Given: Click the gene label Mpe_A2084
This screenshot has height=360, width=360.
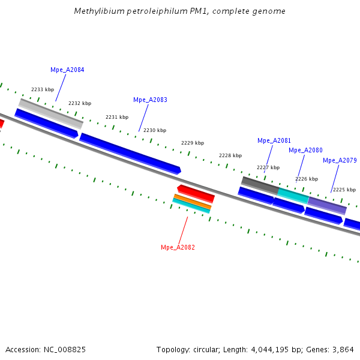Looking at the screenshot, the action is (67, 70).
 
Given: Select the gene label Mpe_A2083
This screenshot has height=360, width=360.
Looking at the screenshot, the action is (150, 100).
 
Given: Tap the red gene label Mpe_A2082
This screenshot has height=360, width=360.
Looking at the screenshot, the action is (178, 247).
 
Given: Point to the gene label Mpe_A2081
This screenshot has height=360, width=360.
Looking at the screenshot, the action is (274, 140).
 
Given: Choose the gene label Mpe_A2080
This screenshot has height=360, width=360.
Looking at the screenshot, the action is (305, 150).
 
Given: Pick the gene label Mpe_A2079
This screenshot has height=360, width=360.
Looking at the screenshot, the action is (340, 160).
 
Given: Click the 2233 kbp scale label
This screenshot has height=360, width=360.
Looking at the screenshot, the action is (43, 89).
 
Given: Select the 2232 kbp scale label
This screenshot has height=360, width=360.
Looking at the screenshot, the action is (80, 103).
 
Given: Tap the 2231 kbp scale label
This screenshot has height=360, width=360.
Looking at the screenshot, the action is (117, 117).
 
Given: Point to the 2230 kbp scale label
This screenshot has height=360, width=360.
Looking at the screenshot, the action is (155, 130).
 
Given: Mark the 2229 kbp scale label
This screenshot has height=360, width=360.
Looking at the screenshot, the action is (193, 143).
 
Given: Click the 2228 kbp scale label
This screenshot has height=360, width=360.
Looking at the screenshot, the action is (230, 155).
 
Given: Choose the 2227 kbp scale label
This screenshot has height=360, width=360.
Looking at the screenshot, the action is (268, 167).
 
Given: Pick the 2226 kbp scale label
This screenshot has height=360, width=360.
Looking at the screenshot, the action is (307, 179).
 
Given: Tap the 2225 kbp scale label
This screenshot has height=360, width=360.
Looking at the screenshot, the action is (344, 190).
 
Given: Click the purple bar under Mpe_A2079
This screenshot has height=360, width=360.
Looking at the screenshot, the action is (327, 205).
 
